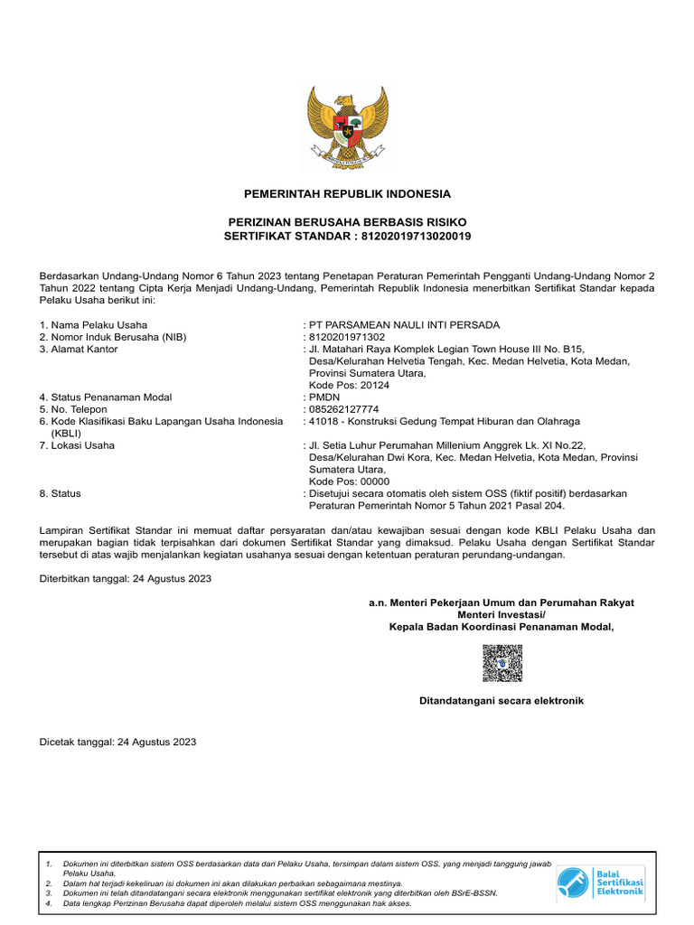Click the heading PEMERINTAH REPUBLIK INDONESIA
click(347, 194)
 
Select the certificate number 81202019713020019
click(417, 236)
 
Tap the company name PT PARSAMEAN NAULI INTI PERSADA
click(403, 325)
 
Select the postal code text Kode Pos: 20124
click(349, 385)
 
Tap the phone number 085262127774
click(347, 409)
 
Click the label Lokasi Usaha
click(77, 445)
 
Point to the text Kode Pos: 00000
click(349, 481)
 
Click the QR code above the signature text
click(502, 664)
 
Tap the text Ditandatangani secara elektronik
click(502, 701)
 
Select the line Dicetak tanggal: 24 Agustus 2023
click(117, 742)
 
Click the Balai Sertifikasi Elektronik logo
click(600, 882)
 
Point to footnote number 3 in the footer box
click(49, 892)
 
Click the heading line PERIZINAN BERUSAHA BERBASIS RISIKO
click(347, 222)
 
